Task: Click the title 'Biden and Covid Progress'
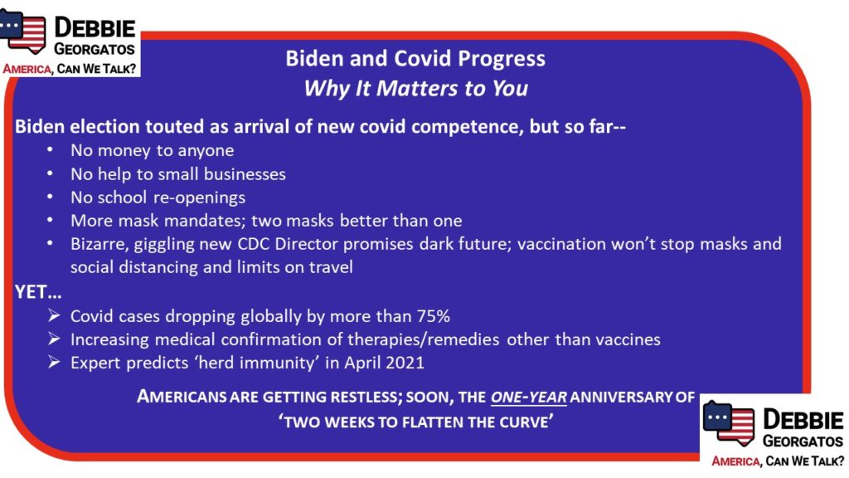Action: click(415, 59)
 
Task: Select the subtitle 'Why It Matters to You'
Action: click(415, 88)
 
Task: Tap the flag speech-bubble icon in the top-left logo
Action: click(22, 32)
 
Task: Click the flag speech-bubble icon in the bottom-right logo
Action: click(728, 422)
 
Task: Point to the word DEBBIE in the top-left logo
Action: click(95, 27)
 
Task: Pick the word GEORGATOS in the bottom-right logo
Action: click(803, 441)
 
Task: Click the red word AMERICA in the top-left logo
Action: click(27, 69)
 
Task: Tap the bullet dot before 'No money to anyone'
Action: click(50, 150)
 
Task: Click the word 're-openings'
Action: click(199, 198)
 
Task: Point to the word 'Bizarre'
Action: click(99, 245)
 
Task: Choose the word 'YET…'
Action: click(38, 292)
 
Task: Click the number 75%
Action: click(434, 316)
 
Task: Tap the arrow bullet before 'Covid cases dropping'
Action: click(54, 315)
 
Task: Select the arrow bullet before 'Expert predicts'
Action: click(54, 362)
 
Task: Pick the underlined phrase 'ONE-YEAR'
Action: click(528, 398)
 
